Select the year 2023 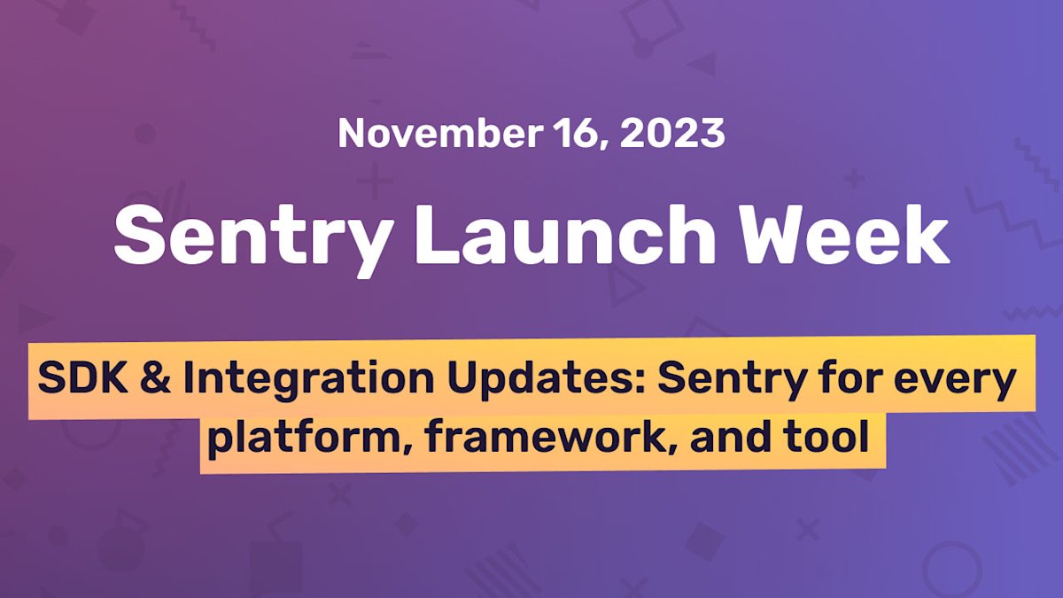672,133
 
